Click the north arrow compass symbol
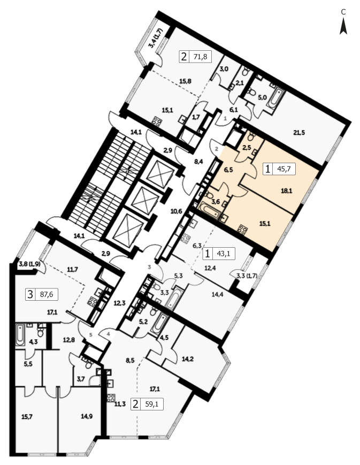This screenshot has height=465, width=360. coord(343,26)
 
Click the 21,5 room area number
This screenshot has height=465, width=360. coord(299,133)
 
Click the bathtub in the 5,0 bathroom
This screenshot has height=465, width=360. coord(275,98)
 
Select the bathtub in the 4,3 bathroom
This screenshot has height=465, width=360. coord(20,335)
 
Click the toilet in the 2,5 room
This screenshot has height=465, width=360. coord(251,136)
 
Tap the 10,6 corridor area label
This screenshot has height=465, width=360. coord(176,211)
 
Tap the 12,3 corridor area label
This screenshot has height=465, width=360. coord(120,303)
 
